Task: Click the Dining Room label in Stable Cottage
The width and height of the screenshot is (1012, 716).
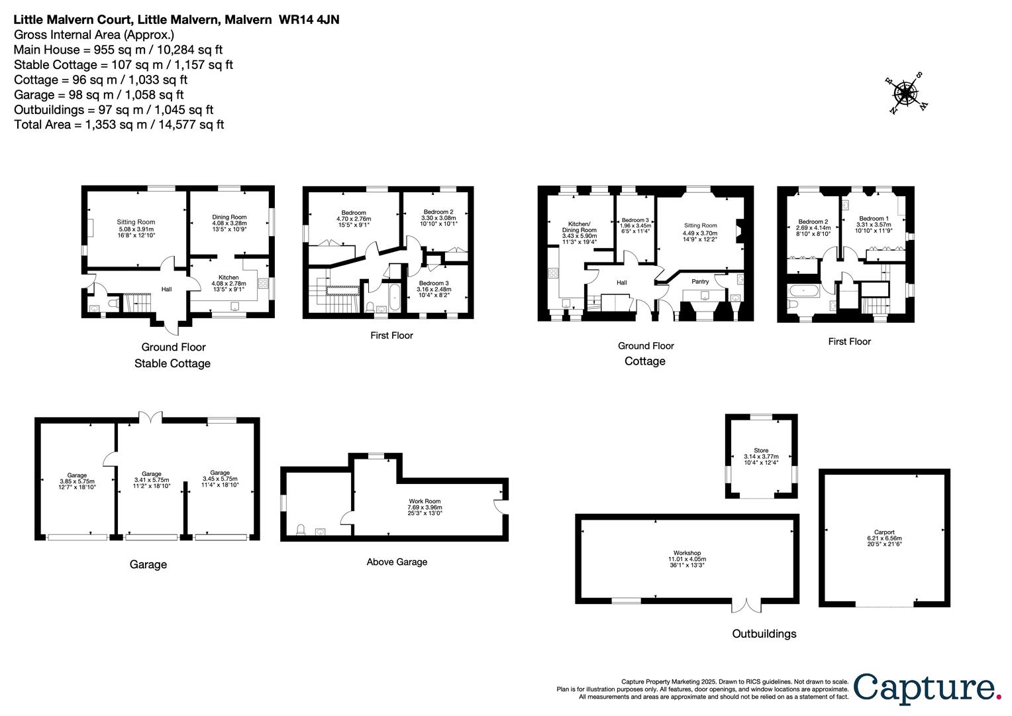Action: click(229, 221)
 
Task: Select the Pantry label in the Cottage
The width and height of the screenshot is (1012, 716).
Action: click(700, 282)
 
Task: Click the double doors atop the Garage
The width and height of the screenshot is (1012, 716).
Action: click(150, 417)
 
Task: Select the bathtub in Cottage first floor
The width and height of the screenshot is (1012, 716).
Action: click(803, 290)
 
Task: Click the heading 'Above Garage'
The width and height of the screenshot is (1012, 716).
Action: click(397, 562)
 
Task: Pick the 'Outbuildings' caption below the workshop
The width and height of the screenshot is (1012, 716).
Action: click(764, 634)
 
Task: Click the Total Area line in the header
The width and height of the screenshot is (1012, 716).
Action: click(119, 125)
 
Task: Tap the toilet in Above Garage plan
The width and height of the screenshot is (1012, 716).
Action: click(301, 529)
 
